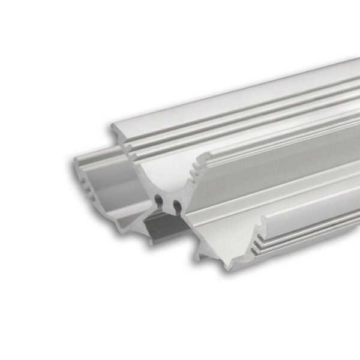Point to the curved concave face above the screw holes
tap(162, 177)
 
